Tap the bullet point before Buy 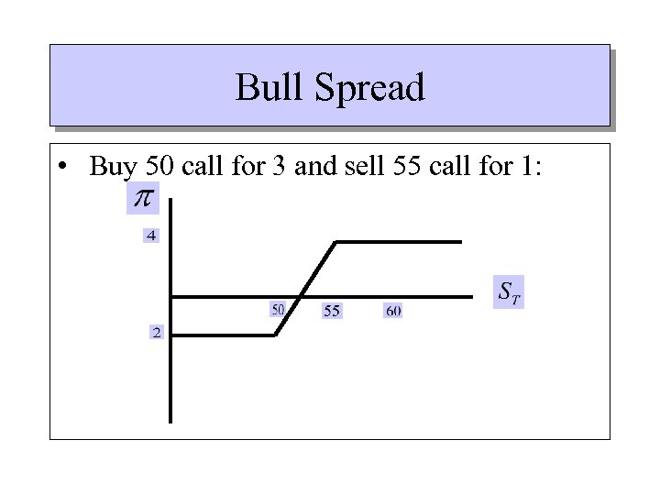coord(60,169)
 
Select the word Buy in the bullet coord(112,167)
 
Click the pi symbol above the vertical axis coord(142,199)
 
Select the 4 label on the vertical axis coord(151,236)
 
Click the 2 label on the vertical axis coord(156,332)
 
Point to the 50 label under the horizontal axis coord(278,308)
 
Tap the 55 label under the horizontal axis coord(332,312)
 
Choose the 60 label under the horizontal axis coord(392,312)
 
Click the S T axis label coord(509,292)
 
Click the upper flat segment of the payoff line coord(399,241)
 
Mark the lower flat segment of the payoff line coord(225,335)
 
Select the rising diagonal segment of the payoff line coord(306,288)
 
